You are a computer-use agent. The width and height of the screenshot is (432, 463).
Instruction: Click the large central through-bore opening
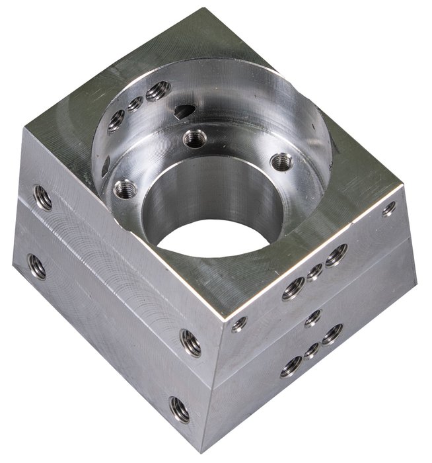(213, 238)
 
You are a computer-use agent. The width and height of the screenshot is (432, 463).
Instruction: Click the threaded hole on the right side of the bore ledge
(282, 161)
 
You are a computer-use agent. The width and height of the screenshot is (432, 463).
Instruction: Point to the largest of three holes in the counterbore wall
(158, 91)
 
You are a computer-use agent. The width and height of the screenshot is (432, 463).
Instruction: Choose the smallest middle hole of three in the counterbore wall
(135, 104)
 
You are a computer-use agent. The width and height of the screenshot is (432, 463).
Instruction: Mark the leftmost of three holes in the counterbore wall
(116, 120)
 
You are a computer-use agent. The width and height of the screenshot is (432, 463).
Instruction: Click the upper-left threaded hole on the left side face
(43, 197)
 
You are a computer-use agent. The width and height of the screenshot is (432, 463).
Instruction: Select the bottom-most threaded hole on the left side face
(180, 409)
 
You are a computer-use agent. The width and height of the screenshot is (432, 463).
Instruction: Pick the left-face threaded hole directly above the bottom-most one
(190, 343)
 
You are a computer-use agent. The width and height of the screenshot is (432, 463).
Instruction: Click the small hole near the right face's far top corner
(389, 209)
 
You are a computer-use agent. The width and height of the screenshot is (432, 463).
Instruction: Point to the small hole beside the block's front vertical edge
(239, 323)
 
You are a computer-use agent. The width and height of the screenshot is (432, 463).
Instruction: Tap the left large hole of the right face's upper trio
(293, 288)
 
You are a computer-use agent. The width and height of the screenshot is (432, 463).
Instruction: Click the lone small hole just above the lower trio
(313, 317)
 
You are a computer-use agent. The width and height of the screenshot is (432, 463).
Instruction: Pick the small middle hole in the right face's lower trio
(312, 350)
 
